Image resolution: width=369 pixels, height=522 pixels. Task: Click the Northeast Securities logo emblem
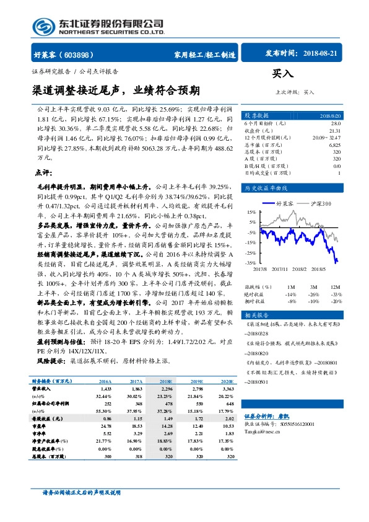coord(41,26)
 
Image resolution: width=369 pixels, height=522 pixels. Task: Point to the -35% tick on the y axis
coord(251,263)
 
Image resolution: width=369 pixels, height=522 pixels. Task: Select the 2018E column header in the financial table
coord(166,382)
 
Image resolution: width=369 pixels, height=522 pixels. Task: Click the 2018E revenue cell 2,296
coord(166,388)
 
